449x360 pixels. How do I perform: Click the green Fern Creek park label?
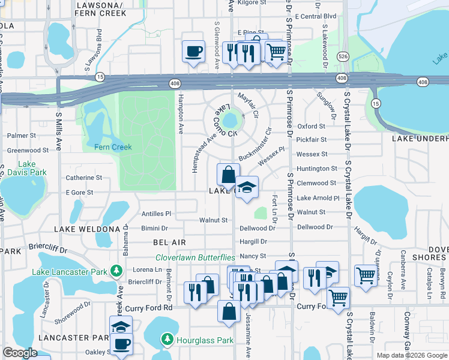[113, 146]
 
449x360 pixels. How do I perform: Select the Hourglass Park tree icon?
[167, 340]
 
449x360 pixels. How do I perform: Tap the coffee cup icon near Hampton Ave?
[193, 51]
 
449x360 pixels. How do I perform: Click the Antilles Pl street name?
[156, 214]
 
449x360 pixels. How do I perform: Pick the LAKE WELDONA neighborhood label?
[87, 229]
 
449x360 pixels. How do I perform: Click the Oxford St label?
[311, 127]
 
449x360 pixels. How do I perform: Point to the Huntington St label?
[317, 169]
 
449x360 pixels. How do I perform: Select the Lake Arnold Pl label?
[318, 198]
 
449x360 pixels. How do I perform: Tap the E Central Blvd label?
[316, 16]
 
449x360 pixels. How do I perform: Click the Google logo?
[20, 353]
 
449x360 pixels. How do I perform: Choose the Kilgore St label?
[252, 3]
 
